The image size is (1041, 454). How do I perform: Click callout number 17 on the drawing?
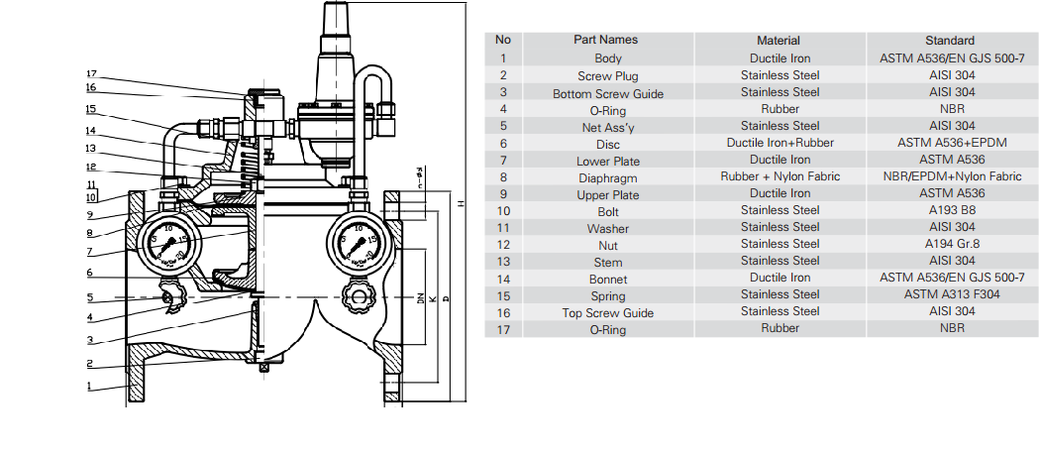tap(90, 74)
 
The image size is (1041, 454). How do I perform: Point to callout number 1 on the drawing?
tap(90, 387)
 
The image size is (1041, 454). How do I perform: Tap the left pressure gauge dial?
tap(165, 243)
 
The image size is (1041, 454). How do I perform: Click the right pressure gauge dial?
tap(357, 243)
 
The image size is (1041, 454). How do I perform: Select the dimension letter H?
tap(461, 204)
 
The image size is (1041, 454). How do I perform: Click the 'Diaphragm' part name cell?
tap(607, 178)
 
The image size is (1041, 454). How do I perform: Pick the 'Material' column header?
tap(779, 41)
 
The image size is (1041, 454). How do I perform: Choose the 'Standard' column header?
tap(949, 41)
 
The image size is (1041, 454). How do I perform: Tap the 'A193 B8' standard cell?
tap(950, 210)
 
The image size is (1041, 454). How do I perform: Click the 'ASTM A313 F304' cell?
tap(950, 294)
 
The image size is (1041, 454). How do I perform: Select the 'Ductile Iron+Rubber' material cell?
tap(780, 143)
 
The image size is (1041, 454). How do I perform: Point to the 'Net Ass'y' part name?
tap(607, 127)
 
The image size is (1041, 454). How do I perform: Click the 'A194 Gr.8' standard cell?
tap(950, 244)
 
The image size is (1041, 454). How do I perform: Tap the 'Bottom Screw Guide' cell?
tap(607, 93)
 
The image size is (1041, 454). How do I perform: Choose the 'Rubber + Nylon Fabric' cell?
tap(780, 176)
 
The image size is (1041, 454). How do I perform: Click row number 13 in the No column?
tap(503, 261)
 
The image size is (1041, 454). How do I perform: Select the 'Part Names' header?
tap(605, 40)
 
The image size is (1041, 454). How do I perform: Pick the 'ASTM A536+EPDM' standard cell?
tap(950, 143)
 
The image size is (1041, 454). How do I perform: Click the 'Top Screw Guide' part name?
tap(607, 313)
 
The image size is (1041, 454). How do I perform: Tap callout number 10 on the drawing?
tap(90, 196)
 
